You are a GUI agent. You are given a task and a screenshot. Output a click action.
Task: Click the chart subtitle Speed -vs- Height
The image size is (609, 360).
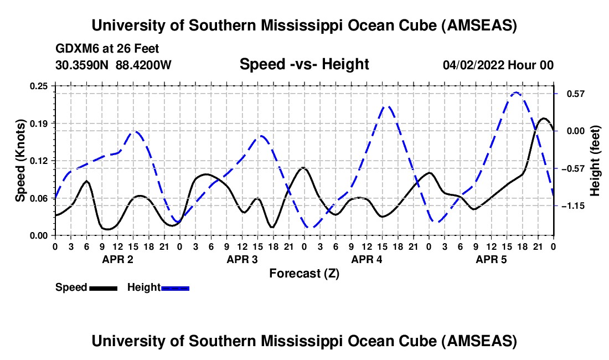coord(304,64)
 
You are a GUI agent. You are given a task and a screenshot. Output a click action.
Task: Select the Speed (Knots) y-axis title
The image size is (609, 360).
coord(20,160)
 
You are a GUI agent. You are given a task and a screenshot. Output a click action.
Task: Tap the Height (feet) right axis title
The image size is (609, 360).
coord(595,161)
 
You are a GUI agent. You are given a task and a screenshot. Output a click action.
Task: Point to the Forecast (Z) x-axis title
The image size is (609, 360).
coord(304,273)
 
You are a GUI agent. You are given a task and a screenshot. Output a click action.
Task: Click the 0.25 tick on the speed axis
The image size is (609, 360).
coord(39,85)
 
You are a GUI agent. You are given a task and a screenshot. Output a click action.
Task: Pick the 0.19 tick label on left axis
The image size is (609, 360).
coord(39,123)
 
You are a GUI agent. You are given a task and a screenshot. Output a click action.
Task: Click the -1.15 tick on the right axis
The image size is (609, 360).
coord(571,205)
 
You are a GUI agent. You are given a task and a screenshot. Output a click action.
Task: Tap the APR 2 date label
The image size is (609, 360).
coord(118,259)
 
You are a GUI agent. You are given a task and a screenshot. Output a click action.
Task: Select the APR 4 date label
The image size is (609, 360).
coord(367,259)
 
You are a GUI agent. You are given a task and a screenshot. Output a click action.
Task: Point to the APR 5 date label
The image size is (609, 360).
coord(492,259)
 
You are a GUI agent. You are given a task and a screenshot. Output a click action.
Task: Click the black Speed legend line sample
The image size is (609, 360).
coord(102,287)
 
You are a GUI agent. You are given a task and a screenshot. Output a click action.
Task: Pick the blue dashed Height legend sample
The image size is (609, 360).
coord(176,287)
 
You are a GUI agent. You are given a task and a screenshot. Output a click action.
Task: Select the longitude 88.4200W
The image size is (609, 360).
coord(144,65)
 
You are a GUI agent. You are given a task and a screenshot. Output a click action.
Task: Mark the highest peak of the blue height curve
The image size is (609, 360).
coord(516,92)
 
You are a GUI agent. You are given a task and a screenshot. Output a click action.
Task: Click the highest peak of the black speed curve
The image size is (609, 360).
coord(544,118)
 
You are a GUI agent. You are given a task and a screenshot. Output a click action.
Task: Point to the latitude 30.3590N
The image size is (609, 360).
coord(82,65)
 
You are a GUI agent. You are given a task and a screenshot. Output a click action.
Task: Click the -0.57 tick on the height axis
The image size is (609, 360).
coord(571,168)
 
